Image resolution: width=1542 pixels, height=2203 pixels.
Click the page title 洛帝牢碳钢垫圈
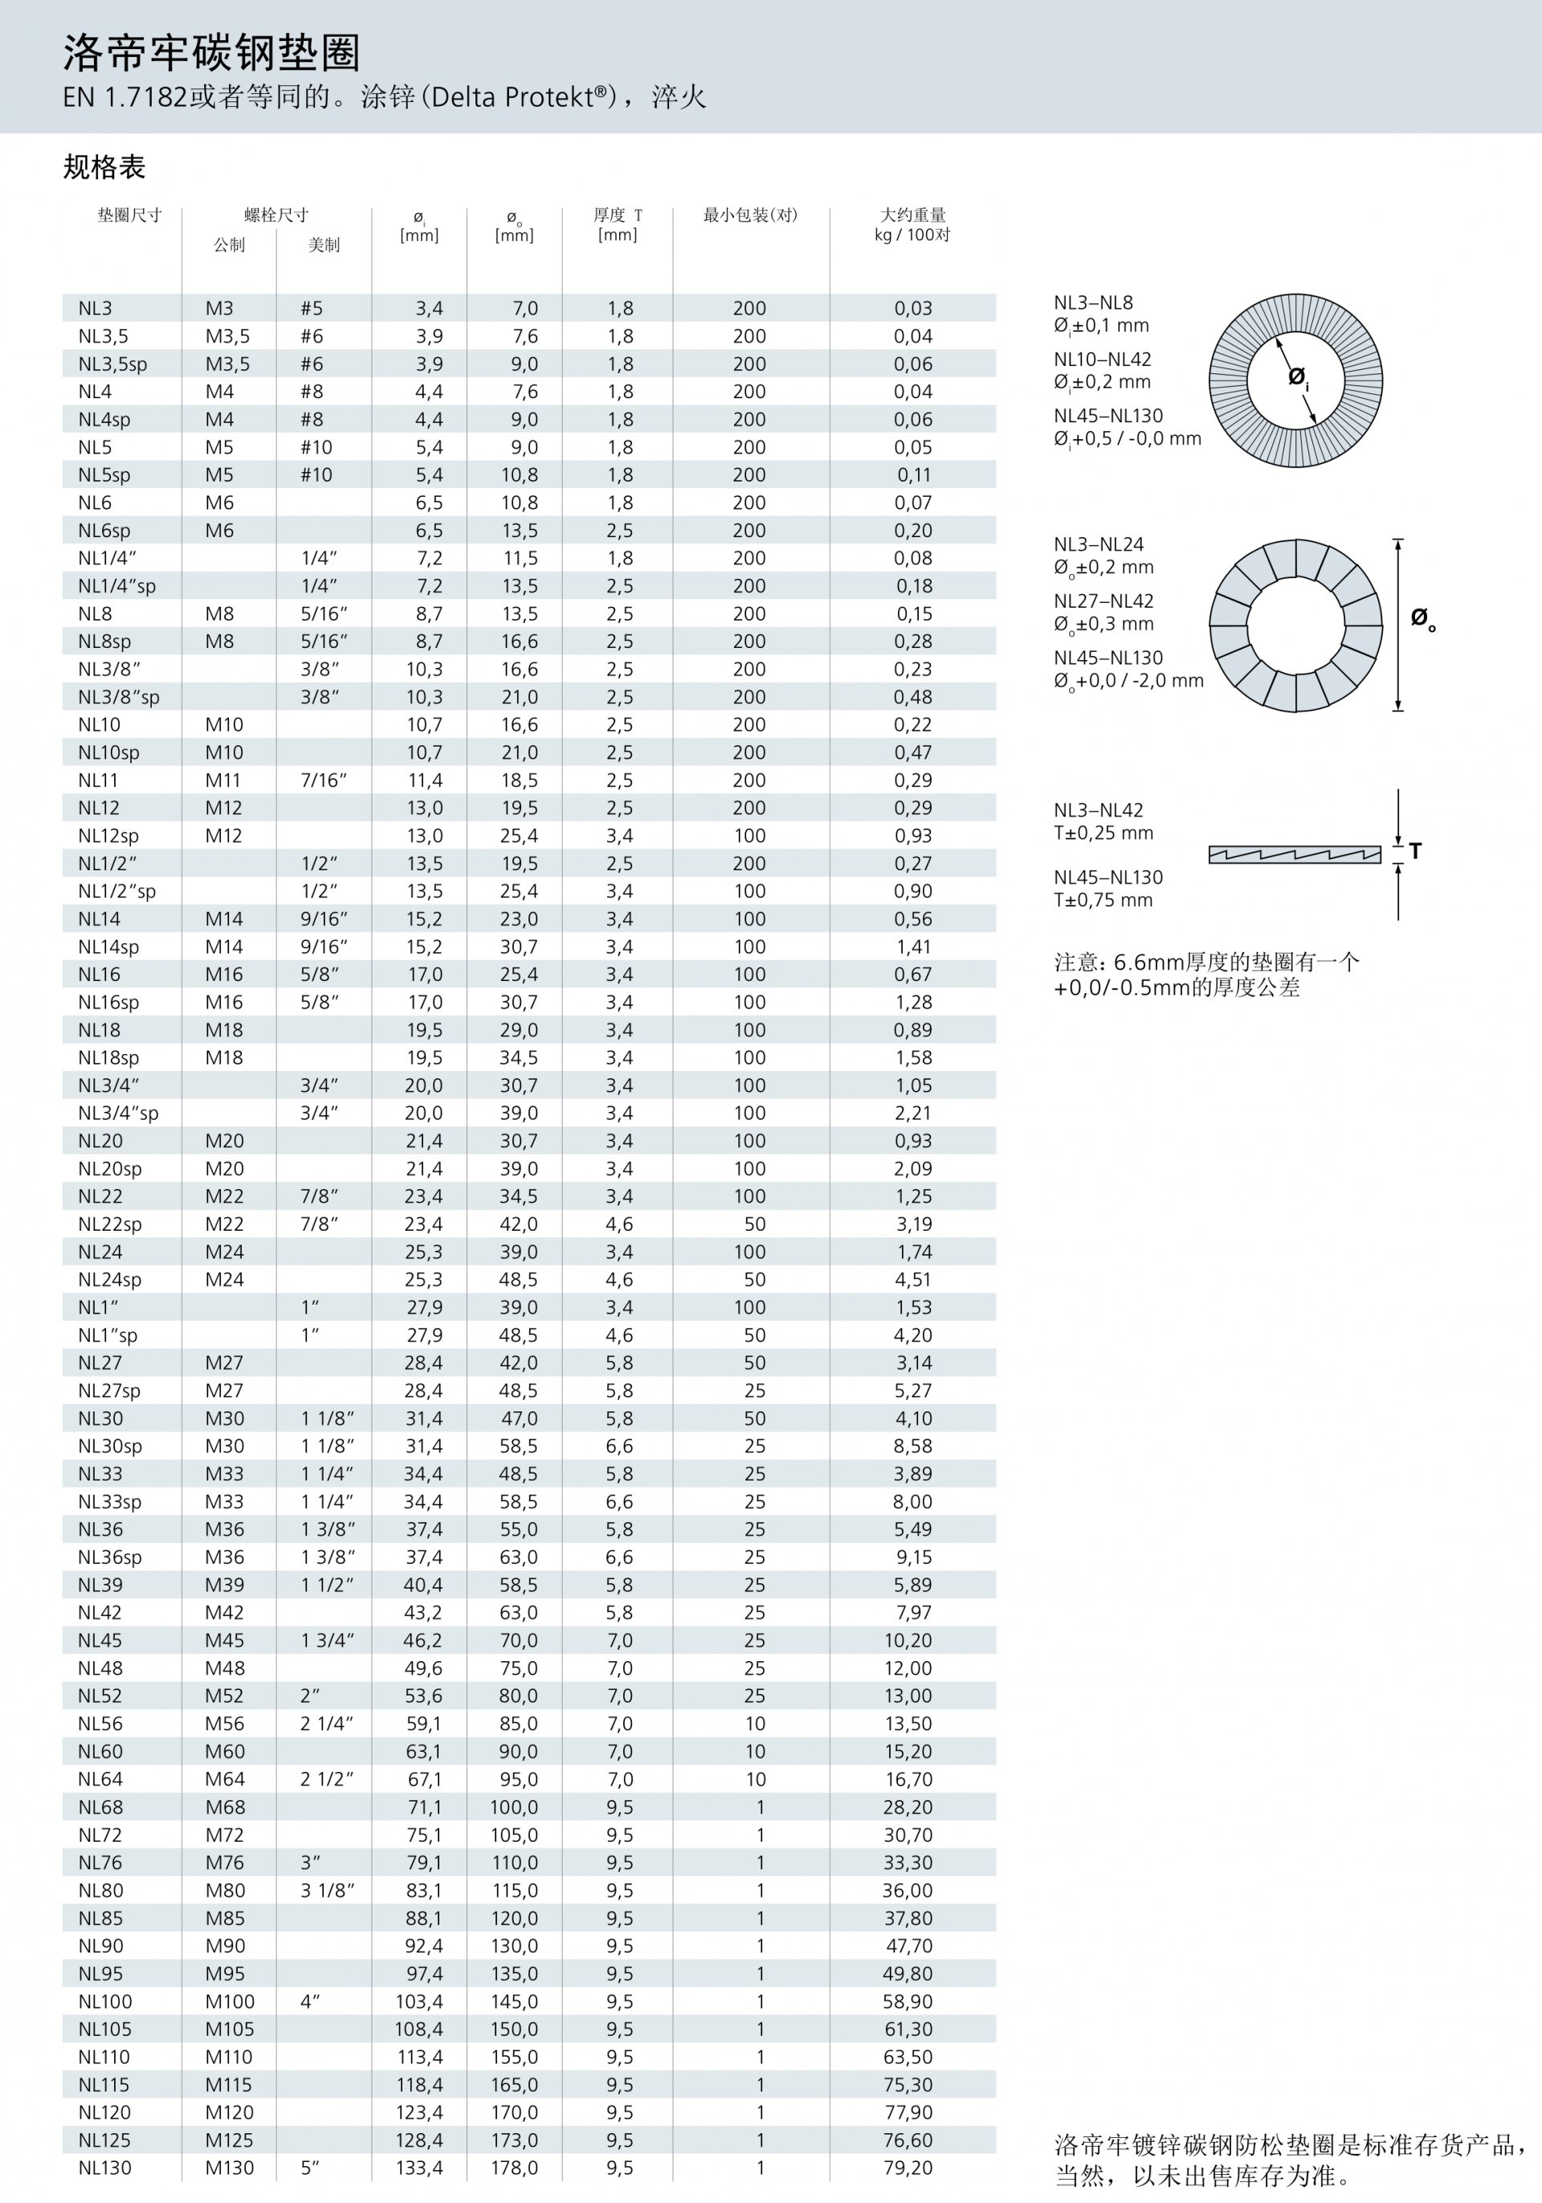click(x=211, y=53)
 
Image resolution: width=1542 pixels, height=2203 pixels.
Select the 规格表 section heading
click(x=104, y=168)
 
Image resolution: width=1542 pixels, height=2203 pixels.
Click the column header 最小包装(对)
click(x=749, y=215)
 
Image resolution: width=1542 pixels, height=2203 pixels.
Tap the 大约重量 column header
click(x=912, y=215)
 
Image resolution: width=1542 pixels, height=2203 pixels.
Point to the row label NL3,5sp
click(x=112, y=364)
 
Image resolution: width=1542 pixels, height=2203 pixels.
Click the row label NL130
click(x=104, y=2168)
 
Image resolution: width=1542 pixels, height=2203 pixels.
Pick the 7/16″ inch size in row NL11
click(x=324, y=781)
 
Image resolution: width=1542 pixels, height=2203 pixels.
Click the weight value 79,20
click(x=908, y=2168)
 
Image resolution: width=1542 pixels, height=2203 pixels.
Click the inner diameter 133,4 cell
click(x=419, y=2168)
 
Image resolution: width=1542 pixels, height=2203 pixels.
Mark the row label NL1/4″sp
click(x=116, y=586)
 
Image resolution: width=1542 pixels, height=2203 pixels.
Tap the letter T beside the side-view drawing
click(x=1415, y=851)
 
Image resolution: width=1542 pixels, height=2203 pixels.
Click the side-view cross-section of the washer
click(x=1294, y=854)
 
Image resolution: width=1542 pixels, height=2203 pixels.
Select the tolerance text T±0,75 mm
click(x=1103, y=901)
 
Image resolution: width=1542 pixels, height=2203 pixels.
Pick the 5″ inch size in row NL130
click(x=310, y=2168)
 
